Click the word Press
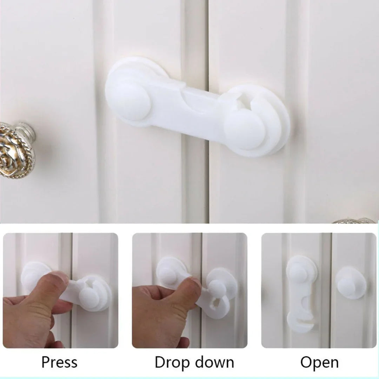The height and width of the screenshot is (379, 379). coord(59,362)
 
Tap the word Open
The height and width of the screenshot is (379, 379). coord(319,362)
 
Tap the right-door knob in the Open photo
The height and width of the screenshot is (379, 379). coord(350,283)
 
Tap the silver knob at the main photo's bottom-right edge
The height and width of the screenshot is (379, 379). coord(354,221)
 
